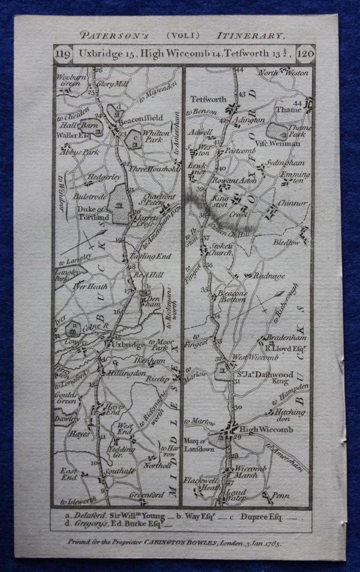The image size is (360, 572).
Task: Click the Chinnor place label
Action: click(293, 203)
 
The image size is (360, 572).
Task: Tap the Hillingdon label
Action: click(126, 373)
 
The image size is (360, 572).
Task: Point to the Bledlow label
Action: click(288, 243)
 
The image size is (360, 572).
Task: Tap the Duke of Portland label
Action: click(91, 213)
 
